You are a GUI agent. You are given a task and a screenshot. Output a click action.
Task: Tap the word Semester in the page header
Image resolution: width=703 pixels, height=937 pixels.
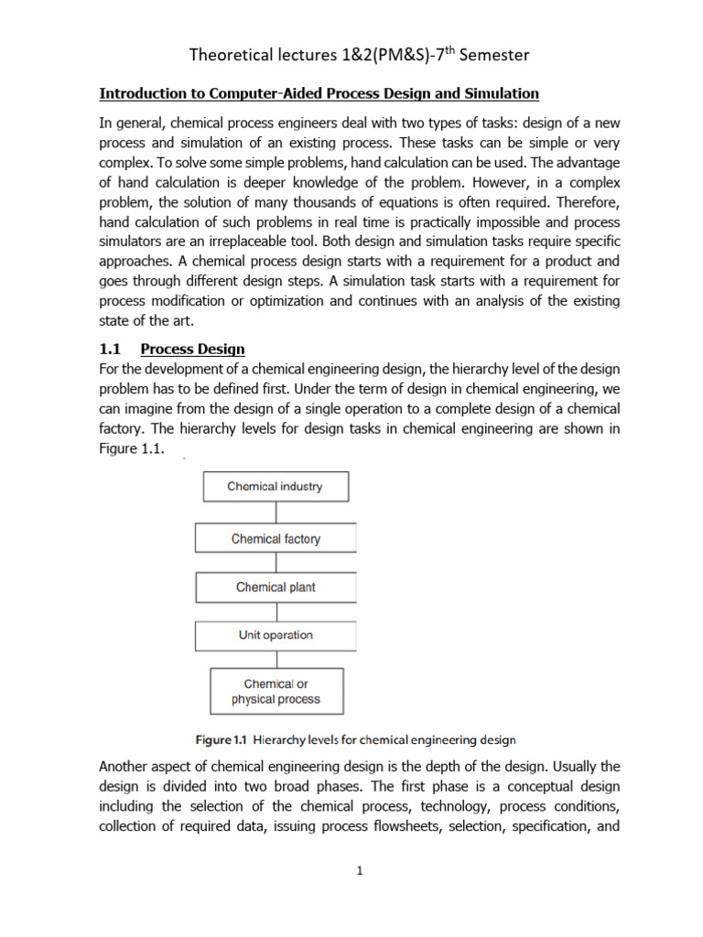(487, 56)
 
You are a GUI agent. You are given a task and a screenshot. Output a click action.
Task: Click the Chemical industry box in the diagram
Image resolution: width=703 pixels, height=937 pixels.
(275, 487)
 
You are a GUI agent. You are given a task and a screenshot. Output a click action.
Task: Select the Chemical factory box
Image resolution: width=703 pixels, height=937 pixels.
(276, 539)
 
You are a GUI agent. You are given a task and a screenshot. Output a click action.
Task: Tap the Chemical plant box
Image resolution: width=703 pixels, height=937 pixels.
(276, 587)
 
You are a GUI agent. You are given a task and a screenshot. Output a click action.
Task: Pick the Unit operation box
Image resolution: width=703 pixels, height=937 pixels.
(276, 635)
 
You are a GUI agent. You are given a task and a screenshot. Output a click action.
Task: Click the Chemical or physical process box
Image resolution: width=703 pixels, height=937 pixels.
(276, 692)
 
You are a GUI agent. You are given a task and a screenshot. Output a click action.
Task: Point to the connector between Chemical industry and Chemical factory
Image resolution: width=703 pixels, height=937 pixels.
(276, 512)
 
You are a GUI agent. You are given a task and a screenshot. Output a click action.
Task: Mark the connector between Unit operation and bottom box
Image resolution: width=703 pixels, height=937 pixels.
(276, 659)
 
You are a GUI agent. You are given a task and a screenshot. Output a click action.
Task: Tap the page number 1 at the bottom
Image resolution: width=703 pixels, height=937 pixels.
(361, 870)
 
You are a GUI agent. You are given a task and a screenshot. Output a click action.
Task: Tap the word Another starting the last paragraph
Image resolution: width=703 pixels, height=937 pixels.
(125, 768)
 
